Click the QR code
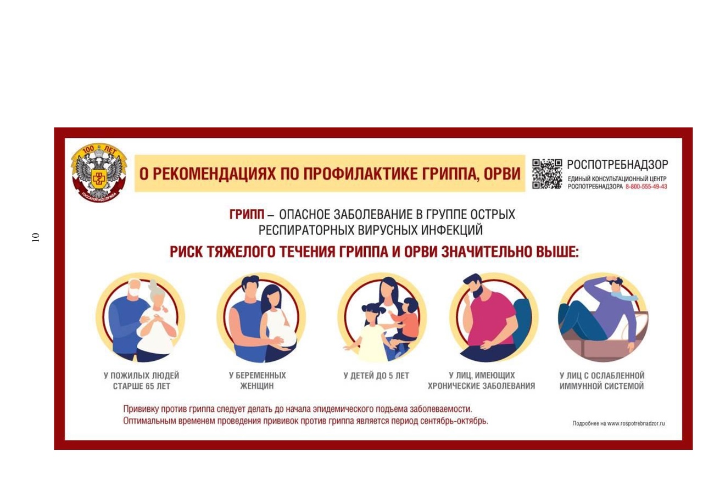(546, 174)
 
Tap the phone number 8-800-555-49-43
(646, 187)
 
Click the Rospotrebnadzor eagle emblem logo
(99, 172)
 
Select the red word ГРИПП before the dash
(247, 215)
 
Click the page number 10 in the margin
(36, 237)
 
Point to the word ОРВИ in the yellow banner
(502, 174)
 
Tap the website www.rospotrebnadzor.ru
(636, 423)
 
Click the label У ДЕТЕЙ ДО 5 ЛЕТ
(376, 376)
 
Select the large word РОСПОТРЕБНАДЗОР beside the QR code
(617, 165)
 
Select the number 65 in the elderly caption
(150, 386)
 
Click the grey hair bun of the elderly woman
(153, 286)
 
